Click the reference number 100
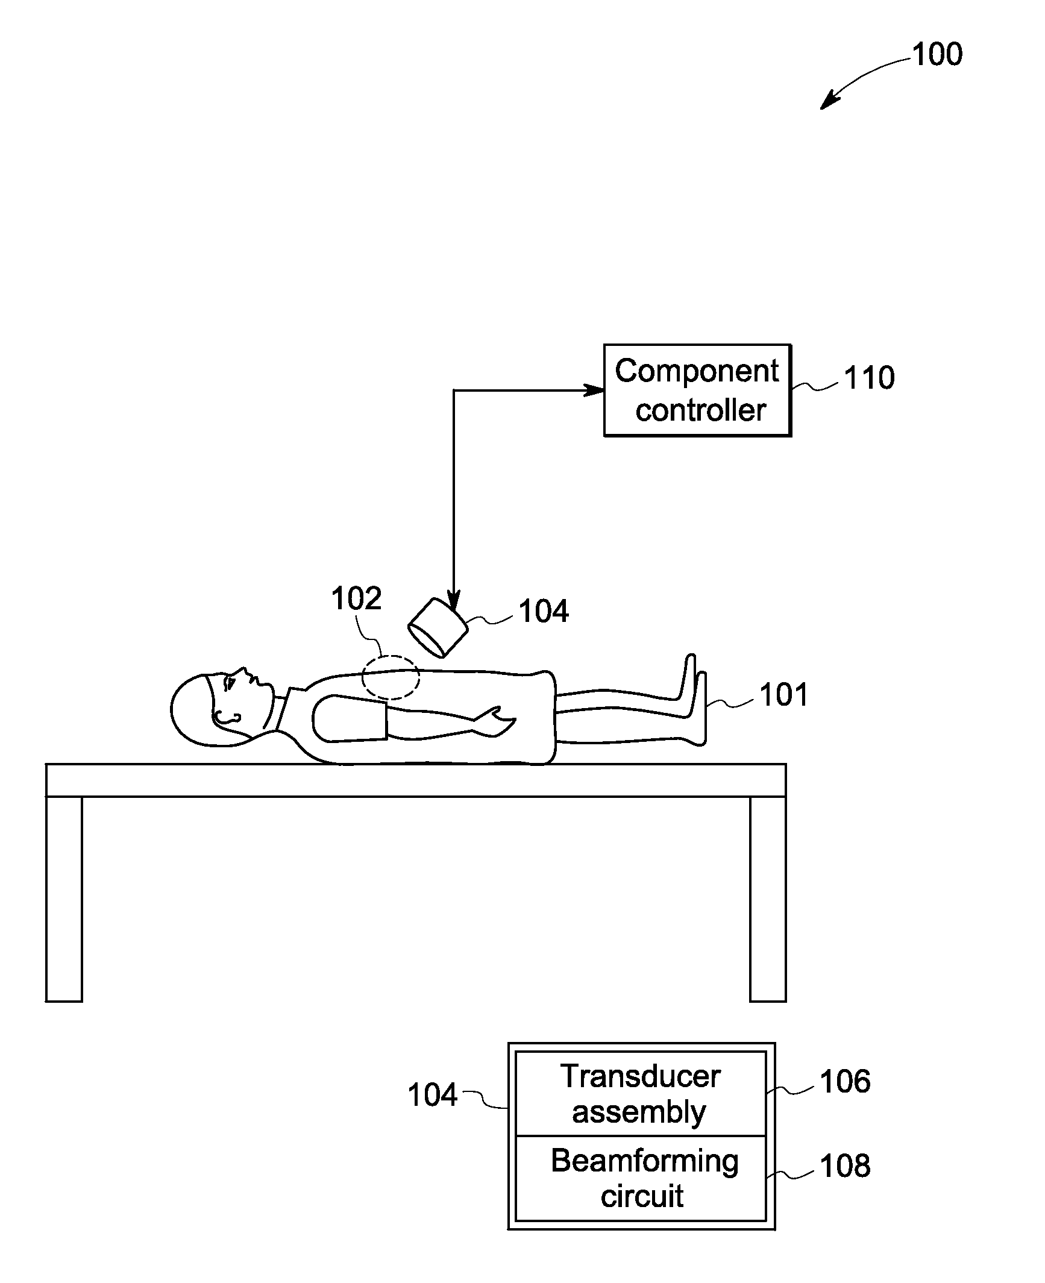click(x=937, y=55)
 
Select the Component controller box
click(x=697, y=391)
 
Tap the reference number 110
click(x=868, y=378)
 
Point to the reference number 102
click(x=356, y=598)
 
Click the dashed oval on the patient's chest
click(x=391, y=677)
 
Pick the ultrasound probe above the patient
click(x=438, y=627)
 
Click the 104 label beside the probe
click(x=544, y=611)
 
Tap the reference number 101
click(x=783, y=695)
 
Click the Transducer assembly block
click(x=641, y=1094)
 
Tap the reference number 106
click(x=845, y=1081)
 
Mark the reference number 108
click(x=845, y=1165)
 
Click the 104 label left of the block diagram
click(x=432, y=1094)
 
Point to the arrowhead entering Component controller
click(x=597, y=391)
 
